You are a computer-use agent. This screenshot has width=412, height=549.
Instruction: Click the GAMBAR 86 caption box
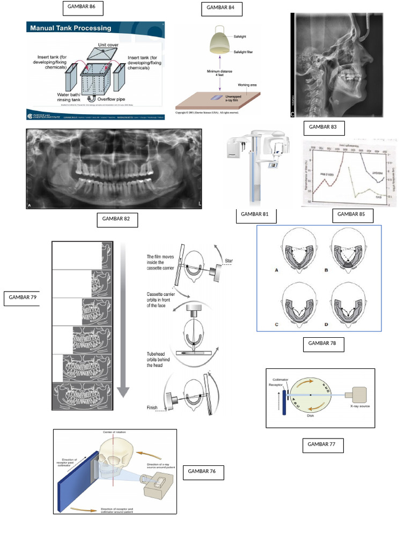(83, 8)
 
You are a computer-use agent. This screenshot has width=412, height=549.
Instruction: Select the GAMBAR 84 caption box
(222, 9)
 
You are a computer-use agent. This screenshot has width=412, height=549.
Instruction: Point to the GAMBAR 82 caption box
(117, 220)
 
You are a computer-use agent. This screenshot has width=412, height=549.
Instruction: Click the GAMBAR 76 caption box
(203, 472)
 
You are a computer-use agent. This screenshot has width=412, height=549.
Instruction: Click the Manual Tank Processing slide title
(70, 28)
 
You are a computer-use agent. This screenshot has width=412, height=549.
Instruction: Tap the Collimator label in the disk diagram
(280, 380)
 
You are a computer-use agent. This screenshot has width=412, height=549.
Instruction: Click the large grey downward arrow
(123, 322)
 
